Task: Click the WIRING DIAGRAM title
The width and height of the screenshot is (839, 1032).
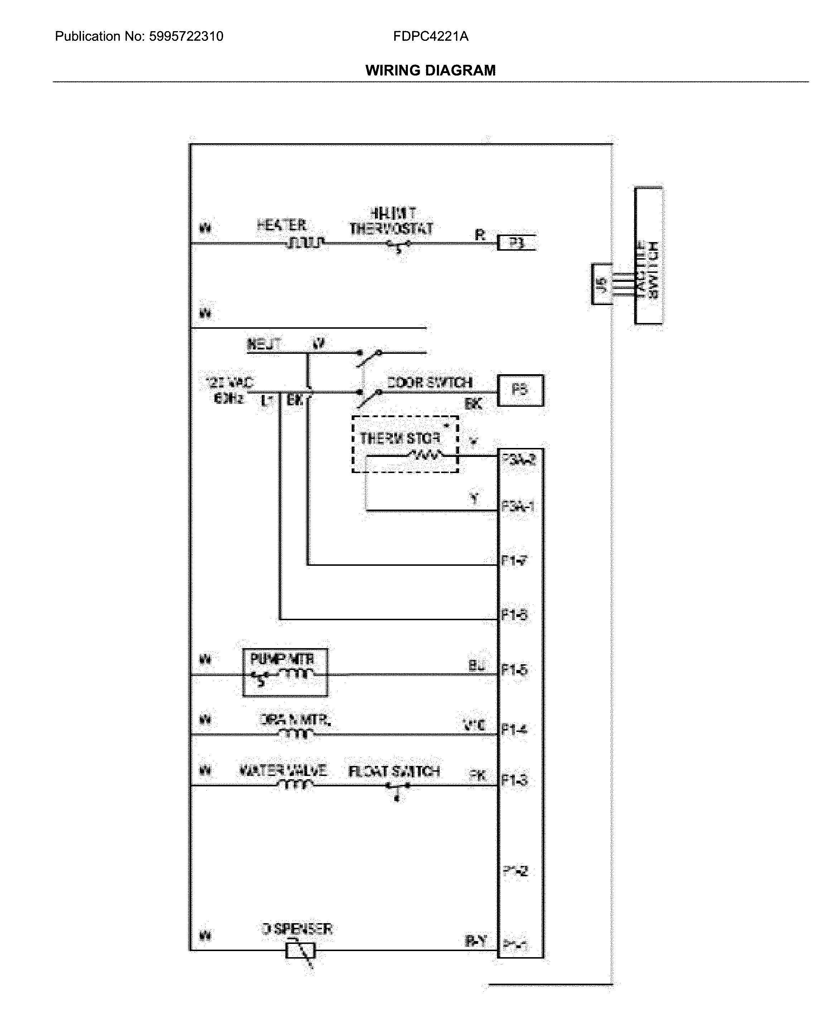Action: [x=430, y=71]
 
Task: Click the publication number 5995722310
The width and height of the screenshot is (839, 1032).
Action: [x=186, y=36]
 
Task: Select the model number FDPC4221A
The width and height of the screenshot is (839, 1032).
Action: [x=430, y=36]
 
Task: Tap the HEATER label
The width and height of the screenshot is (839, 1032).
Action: [x=281, y=225]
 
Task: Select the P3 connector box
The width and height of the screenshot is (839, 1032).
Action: [x=516, y=243]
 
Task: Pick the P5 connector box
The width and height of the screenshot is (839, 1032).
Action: [x=520, y=390]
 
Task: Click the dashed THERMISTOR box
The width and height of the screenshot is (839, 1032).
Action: [x=405, y=444]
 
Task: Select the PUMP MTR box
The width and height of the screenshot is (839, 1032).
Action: [x=285, y=672]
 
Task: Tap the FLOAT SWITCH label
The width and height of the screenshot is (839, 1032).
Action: [x=394, y=771]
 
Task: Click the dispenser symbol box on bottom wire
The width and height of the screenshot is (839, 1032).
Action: [x=300, y=951]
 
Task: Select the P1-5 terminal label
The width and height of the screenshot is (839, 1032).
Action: [x=514, y=670]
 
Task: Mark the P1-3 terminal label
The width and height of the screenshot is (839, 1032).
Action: [x=514, y=780]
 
